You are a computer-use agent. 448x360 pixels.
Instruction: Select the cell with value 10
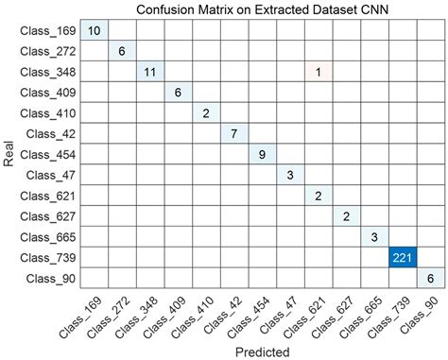point(94,31)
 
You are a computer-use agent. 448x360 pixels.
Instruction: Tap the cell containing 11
point(149,72)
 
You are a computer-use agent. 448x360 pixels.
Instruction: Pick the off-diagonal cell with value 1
point(318,72)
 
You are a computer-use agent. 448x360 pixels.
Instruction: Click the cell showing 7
point(233,133)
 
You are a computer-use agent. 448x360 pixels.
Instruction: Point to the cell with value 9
point(262,154)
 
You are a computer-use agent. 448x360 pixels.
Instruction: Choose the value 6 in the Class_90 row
point(430,278)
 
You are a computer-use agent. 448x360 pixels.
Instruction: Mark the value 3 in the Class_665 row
point(373,236)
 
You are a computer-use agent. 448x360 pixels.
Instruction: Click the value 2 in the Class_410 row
point(206,113)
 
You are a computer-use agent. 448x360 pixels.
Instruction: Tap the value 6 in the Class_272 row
point(122,52)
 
